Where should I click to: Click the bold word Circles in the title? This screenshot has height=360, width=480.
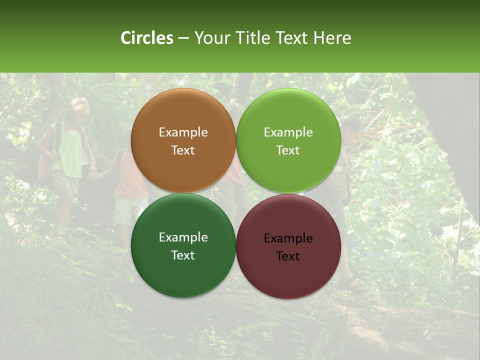click(146, 38)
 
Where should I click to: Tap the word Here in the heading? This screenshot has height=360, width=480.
click(332, 38)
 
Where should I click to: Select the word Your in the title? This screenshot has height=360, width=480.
click(212, 38)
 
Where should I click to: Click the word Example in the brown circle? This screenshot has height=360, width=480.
click(183, 132)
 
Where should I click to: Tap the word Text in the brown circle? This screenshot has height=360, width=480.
click(183, 150)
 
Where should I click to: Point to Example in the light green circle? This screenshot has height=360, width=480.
click(288, 132)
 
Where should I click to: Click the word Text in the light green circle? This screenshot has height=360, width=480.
click(288, 150)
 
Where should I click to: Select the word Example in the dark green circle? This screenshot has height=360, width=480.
click(183, 237)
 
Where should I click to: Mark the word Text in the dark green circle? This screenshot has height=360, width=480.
click(183, 255)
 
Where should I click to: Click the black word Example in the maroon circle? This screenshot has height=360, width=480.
click(288, 238)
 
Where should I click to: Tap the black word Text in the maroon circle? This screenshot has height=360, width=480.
click(288, 256)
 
